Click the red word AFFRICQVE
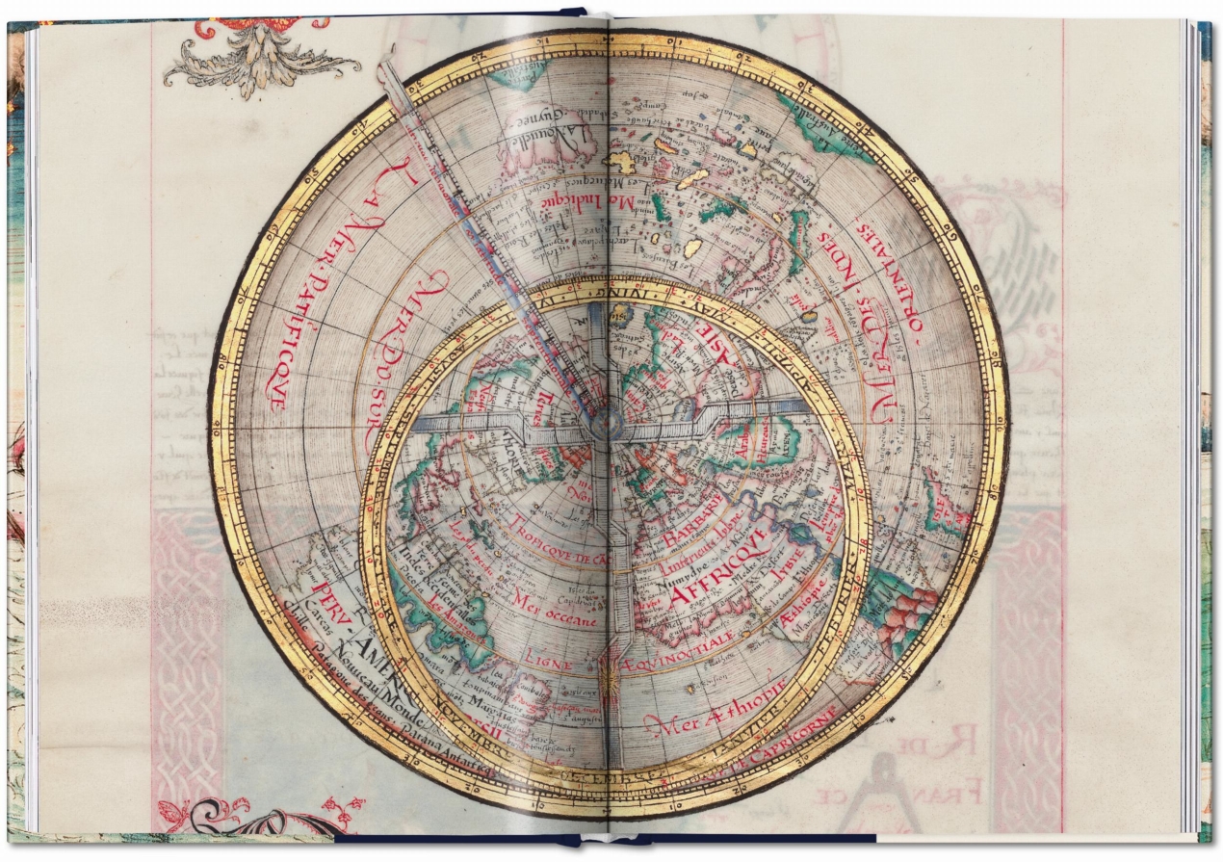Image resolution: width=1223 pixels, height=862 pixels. (717, 568)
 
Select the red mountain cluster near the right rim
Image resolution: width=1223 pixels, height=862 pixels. (905, 616)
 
